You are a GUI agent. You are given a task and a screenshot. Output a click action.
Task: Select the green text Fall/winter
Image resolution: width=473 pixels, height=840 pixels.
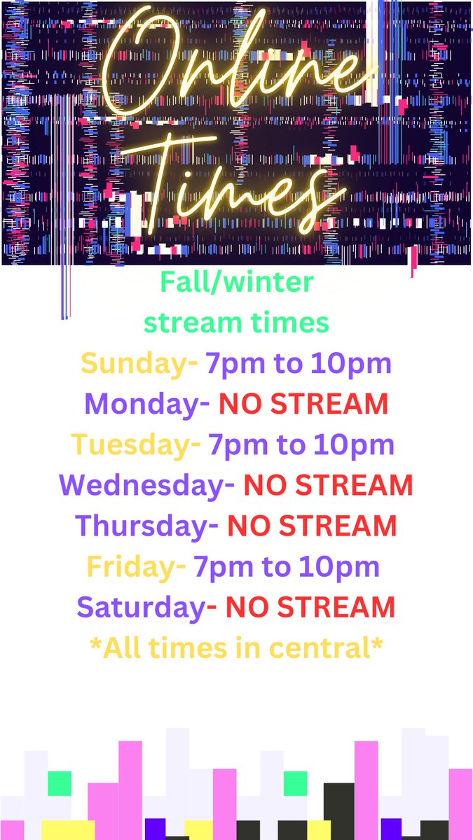(237, 283)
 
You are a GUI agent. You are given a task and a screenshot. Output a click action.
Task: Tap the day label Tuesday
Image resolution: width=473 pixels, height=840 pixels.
(130, 444)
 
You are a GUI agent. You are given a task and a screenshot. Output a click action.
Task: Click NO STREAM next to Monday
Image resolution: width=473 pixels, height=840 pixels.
(303, 404)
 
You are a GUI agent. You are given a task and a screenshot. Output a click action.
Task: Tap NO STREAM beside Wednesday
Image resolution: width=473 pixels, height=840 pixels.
(328, 485)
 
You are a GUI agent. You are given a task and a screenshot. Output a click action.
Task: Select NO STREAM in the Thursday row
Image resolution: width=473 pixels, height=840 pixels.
(312, 526)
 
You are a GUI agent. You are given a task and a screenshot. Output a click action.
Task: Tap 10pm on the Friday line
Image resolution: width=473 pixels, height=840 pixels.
(343, 566)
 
